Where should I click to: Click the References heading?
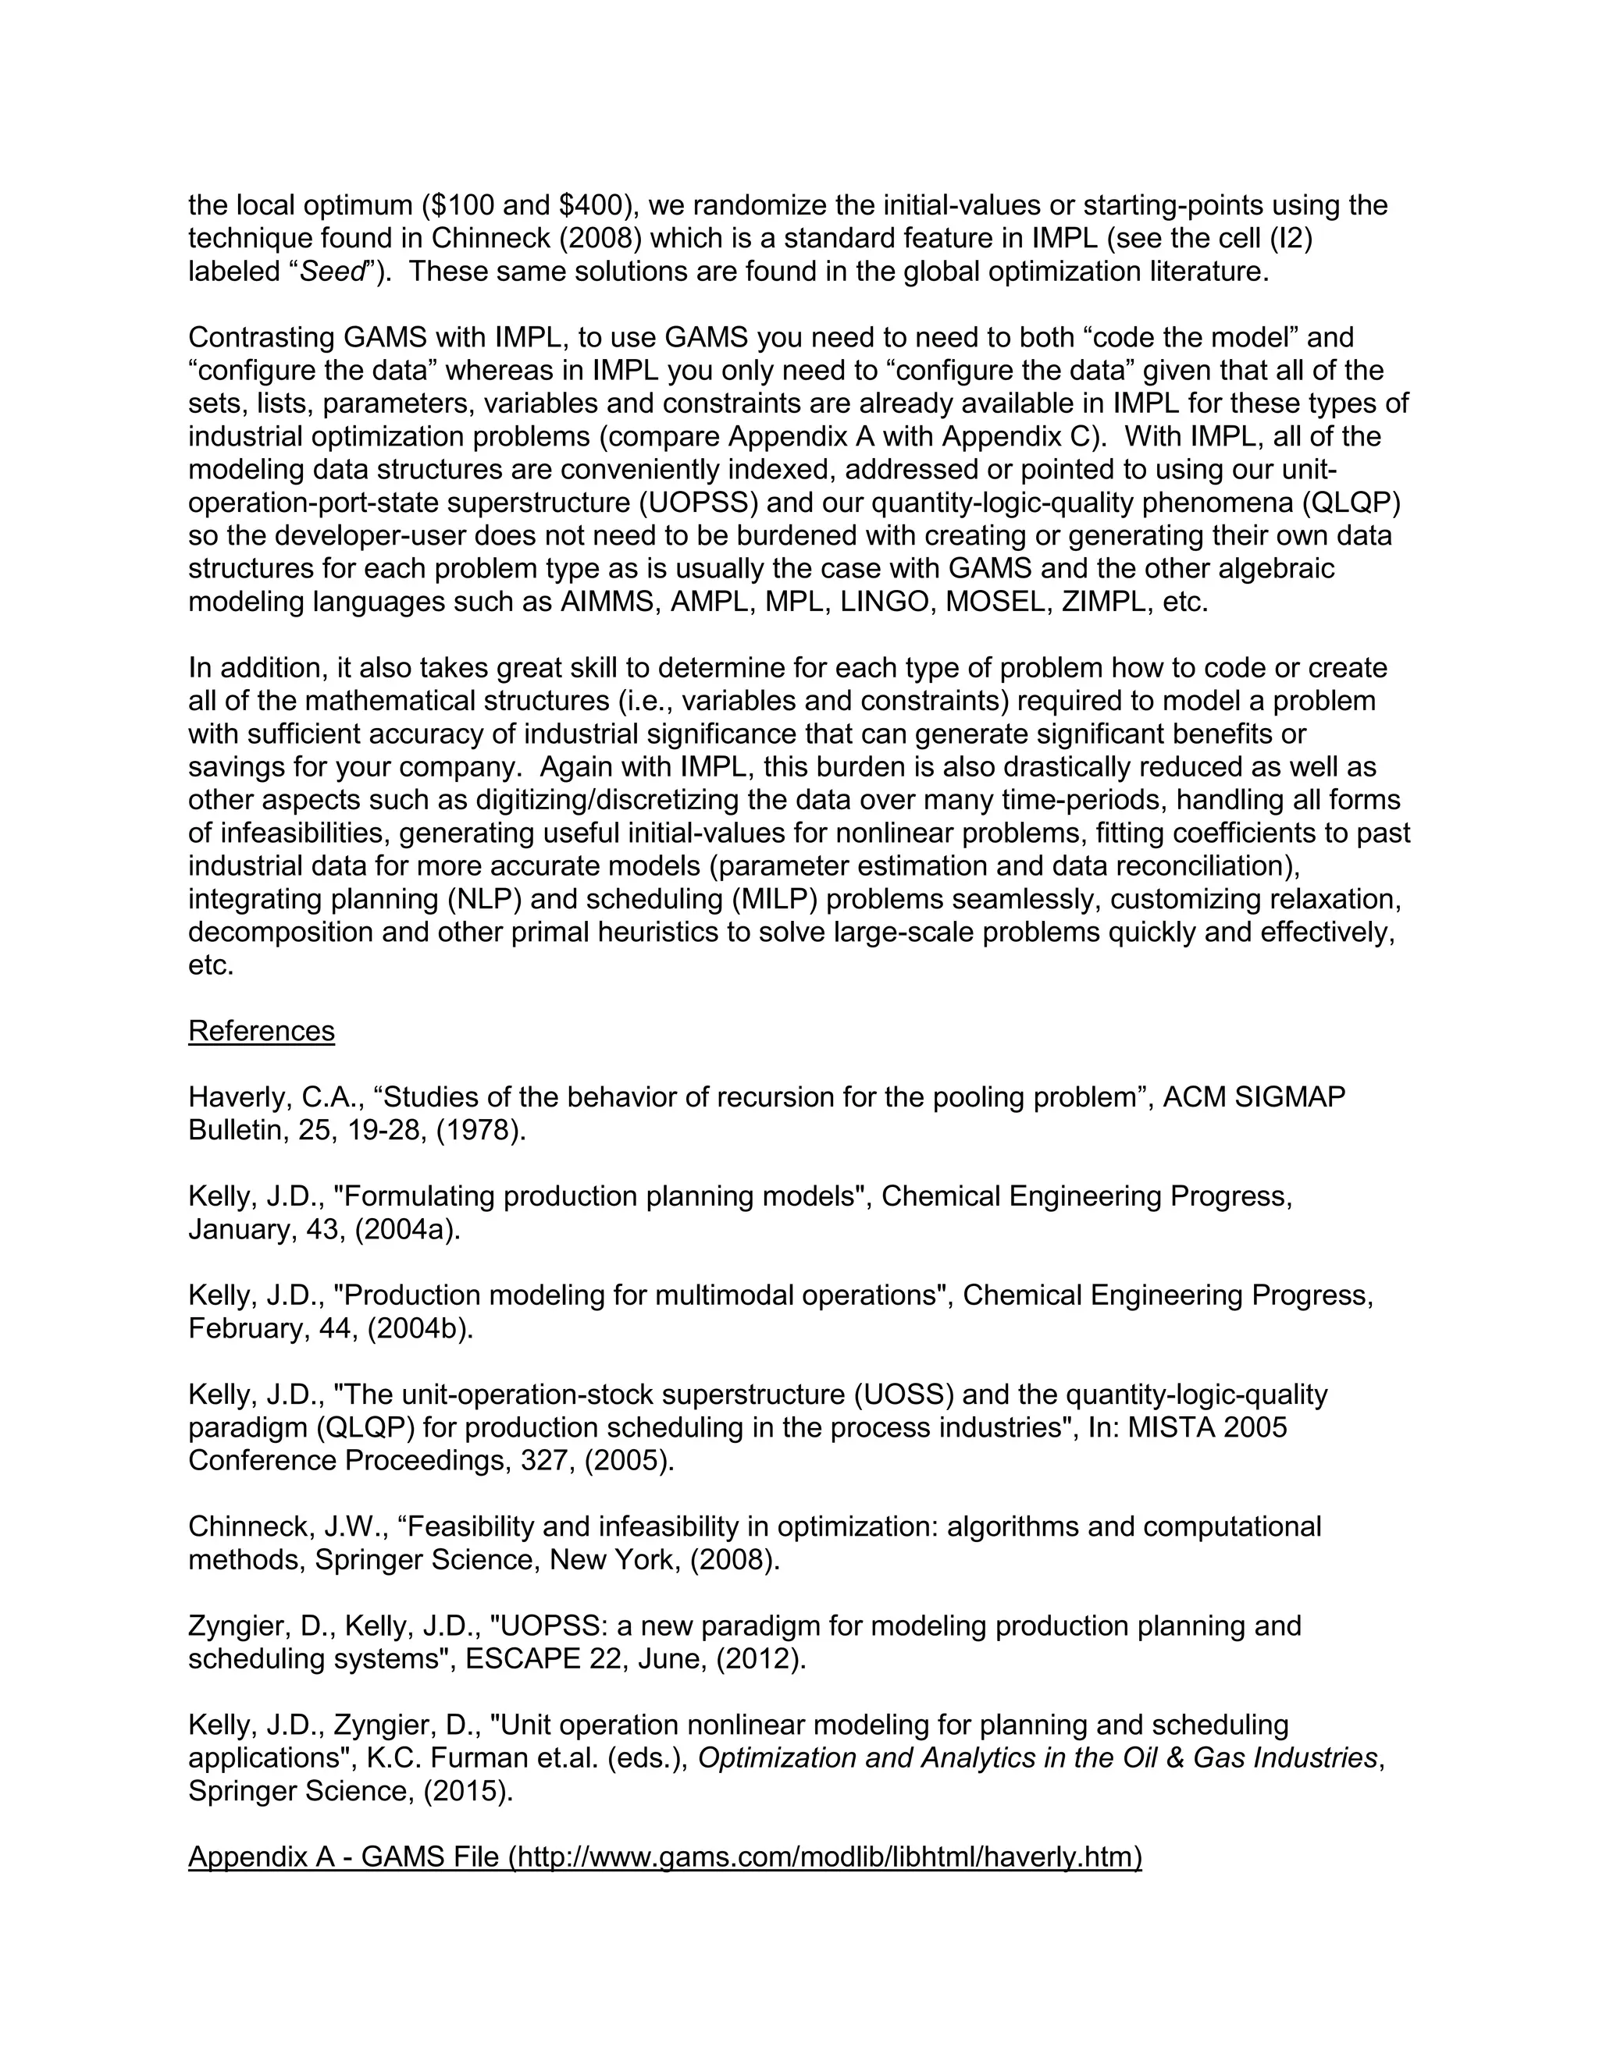tap(262, 1031)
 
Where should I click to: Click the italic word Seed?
tap(332, 272)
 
